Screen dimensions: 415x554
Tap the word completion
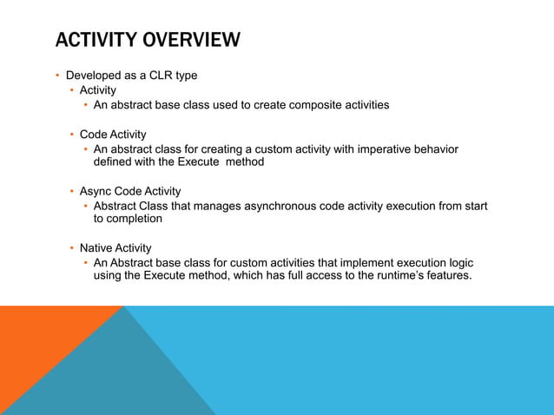click(135, 219)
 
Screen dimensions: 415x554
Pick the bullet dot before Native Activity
click(71, 248)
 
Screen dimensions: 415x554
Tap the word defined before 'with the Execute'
click(115, 162)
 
